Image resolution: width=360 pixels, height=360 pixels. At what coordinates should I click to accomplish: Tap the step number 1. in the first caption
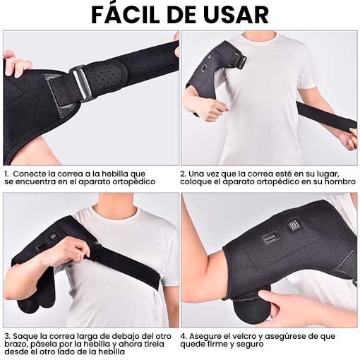click(x=6, y=174)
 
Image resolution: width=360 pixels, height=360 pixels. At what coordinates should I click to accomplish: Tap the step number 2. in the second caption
click(x=184, y=174)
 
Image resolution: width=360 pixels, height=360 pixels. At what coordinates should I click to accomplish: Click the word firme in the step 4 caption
click(x=216, y=344)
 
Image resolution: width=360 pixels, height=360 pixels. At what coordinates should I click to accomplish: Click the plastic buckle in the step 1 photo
click(x=81, y=83)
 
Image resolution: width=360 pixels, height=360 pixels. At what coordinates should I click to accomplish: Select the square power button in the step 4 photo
click(x=294, y=225)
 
